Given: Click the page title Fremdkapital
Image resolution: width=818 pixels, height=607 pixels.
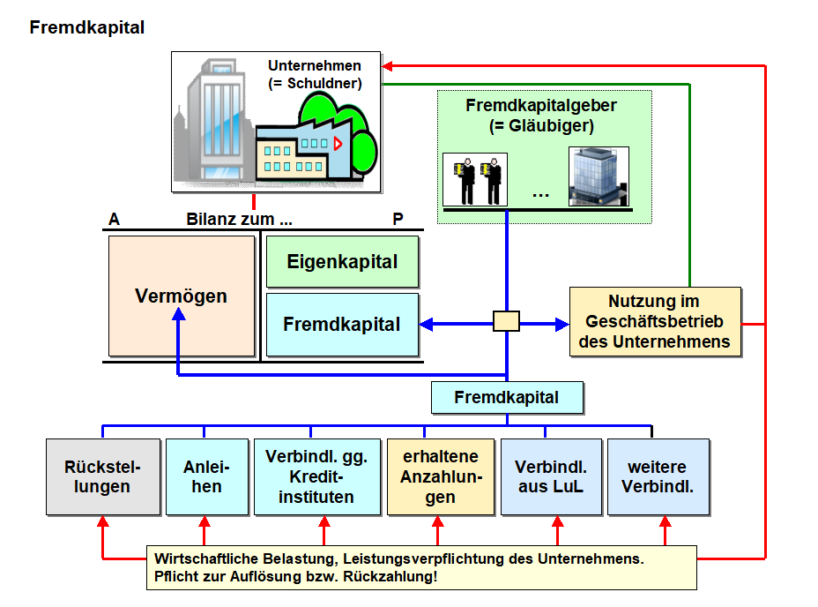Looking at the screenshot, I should (x=86, y=27).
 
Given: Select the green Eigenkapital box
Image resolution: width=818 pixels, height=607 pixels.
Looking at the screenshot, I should (x=342, y=262).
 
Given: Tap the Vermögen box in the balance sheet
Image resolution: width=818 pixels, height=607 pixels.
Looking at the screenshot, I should (x=181, y=296).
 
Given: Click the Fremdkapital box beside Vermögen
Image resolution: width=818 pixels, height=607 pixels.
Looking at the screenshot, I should (x=342, y=325).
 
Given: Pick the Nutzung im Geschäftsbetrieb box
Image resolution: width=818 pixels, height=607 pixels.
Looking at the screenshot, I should (x=655, y=322).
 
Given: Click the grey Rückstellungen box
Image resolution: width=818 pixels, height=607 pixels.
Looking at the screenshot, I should (x=103, y=476).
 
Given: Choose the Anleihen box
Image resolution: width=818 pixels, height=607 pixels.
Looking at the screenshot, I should (x=204, y=476).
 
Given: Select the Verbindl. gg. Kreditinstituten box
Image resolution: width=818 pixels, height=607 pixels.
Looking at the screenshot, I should (x=316, y=476).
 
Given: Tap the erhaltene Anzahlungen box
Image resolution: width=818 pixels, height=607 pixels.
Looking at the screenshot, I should (x=440, y=476).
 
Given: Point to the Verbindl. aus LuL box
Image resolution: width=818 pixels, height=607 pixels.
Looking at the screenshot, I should (x=551, y=476).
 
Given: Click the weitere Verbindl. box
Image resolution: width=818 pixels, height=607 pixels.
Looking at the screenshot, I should (x=658, y=476).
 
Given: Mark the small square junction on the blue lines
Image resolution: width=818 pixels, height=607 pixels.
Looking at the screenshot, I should (x=506, y=320).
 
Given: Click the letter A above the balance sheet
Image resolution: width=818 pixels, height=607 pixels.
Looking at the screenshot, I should (x=114, y=219).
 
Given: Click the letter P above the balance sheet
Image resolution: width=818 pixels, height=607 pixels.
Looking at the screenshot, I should (x=398, y=219).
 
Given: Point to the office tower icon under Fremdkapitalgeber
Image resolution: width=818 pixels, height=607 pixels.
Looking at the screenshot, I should (x=599, y=176).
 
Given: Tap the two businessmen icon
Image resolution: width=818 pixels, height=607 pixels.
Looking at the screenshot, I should (x=474, y=179).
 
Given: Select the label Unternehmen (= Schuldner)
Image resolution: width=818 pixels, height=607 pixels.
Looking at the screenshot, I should (x=315, y=74).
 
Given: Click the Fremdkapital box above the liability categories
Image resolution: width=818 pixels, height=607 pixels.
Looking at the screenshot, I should (x=507, y=397).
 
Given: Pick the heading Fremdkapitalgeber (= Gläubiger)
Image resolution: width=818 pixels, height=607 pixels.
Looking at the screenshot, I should (x=541, y=115).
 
